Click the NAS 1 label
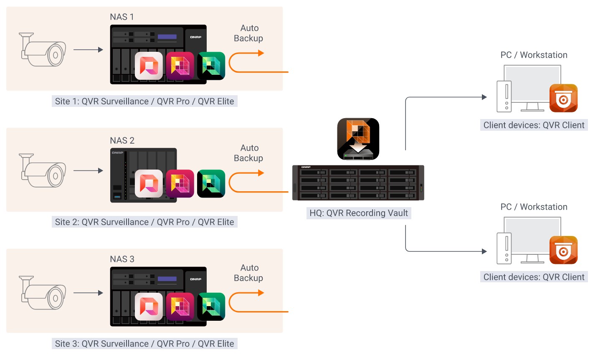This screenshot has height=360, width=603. [x=122, y=17]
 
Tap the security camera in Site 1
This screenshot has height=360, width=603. [x=43, y=50]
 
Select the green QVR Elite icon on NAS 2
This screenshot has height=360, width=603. [x=211, y=184]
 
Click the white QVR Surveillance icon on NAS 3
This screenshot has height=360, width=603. [x=149, y=307]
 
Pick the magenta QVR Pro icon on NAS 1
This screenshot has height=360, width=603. [x=180, y=66]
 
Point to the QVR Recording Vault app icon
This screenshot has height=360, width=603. [x=358, y=139]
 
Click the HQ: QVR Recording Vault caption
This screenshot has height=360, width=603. [x=358, y=213]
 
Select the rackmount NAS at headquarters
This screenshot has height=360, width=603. [x=358, y=183]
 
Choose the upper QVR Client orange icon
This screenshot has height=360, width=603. [x=563, y=98]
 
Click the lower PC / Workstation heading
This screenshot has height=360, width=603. [x=534, y=207]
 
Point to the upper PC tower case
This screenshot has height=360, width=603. [x=506, y=96]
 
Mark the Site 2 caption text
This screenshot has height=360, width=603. [x=144, y=222]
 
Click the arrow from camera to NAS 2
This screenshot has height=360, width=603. [x=88, y=170]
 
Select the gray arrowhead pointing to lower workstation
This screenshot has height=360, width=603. [x=484, y=251]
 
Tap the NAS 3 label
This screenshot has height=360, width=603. [x=122, y=259]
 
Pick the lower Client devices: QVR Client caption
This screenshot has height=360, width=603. [x=534, y=277]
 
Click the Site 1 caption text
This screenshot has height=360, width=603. [x=144, y=101]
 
